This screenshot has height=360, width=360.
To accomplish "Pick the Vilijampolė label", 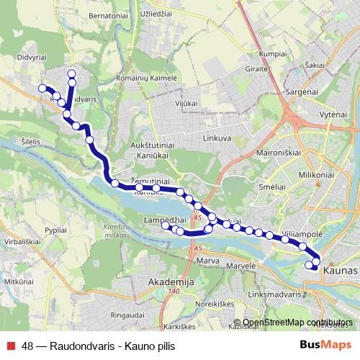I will pyautogui.click(x=302, y=235).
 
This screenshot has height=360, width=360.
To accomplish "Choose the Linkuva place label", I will pyautogui.click(x=217, y=137).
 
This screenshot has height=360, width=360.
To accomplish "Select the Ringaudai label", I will pyautogui.click(x=129, y=314).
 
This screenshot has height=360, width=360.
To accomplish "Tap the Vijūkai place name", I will pyautogui.click(x=186, y=104).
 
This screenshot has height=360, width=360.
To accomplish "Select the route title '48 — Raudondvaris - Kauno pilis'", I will pyautogui.click(x=98, y=346).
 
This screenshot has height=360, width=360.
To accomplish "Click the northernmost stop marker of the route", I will pyautogui.click(x=71, y=73).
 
